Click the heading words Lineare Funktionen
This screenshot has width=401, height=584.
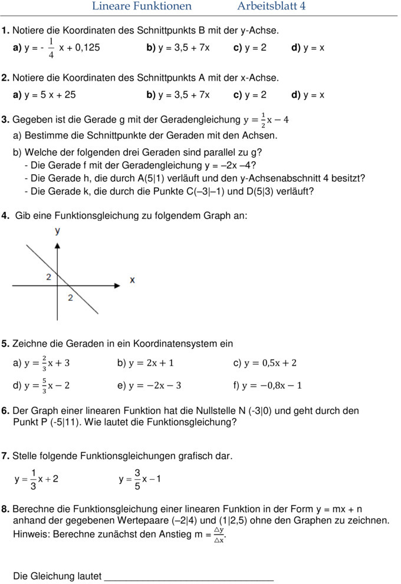(142, 6)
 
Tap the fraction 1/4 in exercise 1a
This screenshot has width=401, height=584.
(51, 48)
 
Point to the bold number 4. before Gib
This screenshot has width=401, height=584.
(5, 216)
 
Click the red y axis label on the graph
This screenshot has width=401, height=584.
(58, 231)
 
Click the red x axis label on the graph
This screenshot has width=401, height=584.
(132, 280)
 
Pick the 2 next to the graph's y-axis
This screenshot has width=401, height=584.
(48, 277)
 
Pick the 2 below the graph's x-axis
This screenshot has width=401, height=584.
(70, 297)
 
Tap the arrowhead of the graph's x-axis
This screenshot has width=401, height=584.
(117, 285)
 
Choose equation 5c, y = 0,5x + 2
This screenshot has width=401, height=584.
(271, 363)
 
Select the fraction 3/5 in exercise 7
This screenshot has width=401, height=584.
(137, 479)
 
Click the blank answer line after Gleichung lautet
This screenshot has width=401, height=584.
(189, 576)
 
